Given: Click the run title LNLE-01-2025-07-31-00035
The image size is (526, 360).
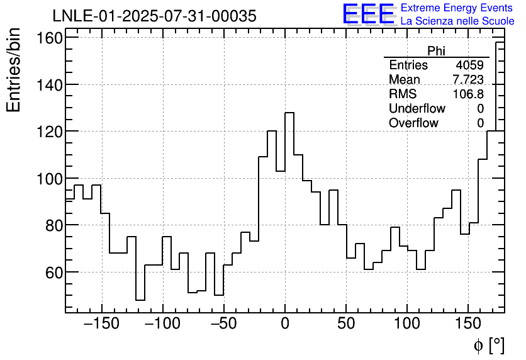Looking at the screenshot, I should click(x=154, y=16).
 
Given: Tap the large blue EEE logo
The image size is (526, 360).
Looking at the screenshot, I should click(x=368, y=14).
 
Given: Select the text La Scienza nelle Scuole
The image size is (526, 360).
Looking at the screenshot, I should click(x=457, y=21).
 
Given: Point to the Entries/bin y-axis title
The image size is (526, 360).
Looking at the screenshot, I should click(x=14, y=70).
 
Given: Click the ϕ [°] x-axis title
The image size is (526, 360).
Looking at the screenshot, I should click(x=489, y=345).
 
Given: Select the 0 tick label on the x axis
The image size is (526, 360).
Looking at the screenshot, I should click(x=285, y=324).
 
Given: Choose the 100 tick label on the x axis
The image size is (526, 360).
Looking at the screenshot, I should click(x=407, y=324).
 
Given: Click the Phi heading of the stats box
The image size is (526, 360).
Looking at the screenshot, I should click(x=436, y=51).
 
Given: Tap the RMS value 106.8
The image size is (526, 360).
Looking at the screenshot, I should click(x=469, y=94).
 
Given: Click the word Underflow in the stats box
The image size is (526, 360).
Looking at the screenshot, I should click(x=417, y=109).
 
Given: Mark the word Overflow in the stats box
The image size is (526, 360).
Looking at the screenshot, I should click(x=413, y=123).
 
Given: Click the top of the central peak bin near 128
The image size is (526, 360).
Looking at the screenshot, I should click(x=289, y=113).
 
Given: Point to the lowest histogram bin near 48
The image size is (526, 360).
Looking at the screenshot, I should click(x=140, y=300).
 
